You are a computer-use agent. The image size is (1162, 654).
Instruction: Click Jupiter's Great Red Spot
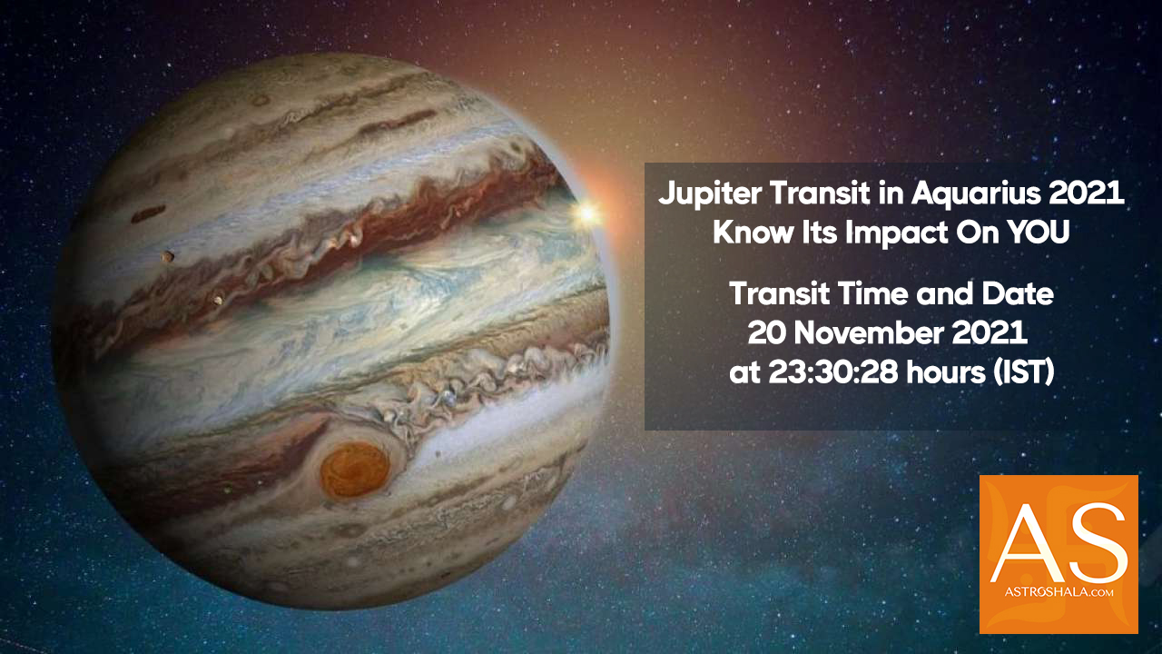point(354,469)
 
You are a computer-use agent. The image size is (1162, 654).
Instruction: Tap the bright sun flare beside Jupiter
point(586,213)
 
